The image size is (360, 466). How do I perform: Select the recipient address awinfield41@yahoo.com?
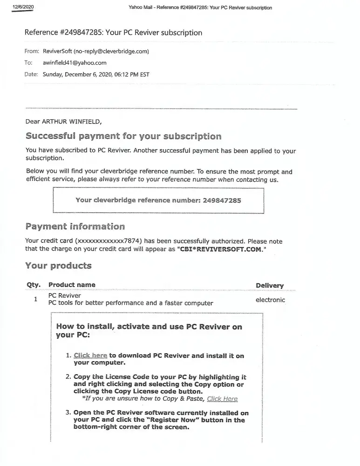75,62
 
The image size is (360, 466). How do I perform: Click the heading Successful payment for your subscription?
123,137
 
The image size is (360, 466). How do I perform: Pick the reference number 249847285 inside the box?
222,200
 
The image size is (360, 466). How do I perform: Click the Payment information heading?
75,227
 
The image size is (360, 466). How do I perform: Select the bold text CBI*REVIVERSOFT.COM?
220,249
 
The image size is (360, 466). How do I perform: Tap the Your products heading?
58,266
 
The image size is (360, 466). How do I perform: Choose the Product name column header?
72,285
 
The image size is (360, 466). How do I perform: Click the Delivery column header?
270,286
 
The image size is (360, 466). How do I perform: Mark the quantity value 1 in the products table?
35,299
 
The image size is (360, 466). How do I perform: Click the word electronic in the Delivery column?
270,300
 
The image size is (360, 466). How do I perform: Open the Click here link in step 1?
90,356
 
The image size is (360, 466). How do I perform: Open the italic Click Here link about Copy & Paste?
222,399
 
